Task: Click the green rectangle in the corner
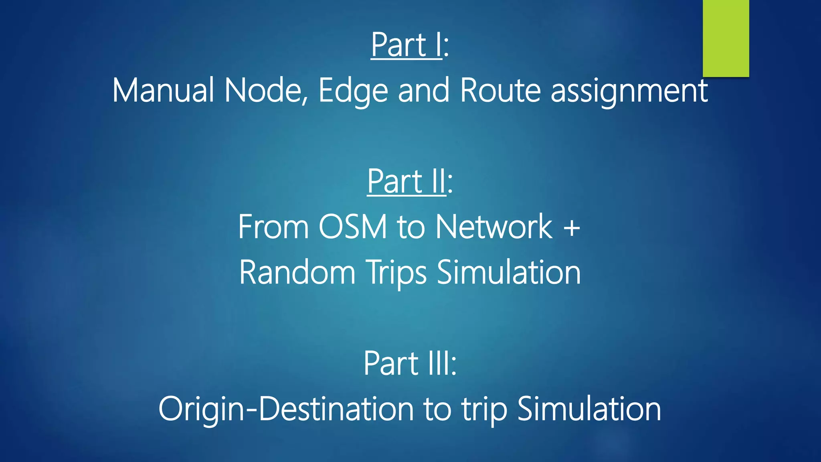(x=726, y=38)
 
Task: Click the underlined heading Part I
(x=406, y=45)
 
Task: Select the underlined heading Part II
(x=406, y=182)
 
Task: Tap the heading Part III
(x=410, y=363)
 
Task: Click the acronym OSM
(x=353, y=227)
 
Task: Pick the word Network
(x=494, y=227)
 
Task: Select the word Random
(x=297, y=273)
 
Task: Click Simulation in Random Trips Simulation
(x=508, y=273)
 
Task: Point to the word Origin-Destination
(x=286, y=409)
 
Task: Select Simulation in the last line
(x=589, y=409)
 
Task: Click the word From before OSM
(x=273, y=227)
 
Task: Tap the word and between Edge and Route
(x=424, y=91)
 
